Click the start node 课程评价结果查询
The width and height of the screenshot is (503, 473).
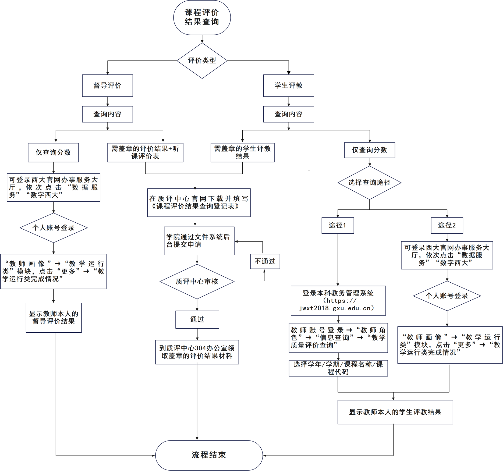click(x=202, y=17)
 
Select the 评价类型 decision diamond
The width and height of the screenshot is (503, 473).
click(x=202, y=61)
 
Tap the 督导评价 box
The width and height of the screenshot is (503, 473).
click(x=108, y=86)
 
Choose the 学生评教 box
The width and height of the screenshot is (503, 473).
click(x=289, y=86)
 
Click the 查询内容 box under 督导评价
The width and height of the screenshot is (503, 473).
click(x=108, y=114)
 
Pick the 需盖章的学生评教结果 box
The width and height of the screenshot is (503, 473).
click(x=243, y=152)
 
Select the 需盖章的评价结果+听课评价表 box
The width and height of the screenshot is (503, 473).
click(x=145, y=152)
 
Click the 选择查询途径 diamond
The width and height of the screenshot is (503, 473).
click(x=370, y=183)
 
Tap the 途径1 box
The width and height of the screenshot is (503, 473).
click(x=338, y=225)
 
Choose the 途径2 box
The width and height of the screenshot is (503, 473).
click(x=447, y=225)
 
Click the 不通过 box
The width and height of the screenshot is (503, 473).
click(x=265, y=261)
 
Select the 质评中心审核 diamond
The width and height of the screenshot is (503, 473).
click(x=197, y=282)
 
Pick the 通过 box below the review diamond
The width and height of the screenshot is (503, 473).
click(x=197, y=320)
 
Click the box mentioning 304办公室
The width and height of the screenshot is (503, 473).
click(x=197, y=352)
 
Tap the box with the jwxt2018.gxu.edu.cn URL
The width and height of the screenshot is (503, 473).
click(x=338, y=301)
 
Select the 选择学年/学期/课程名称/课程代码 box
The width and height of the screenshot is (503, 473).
click(x=338, y=368)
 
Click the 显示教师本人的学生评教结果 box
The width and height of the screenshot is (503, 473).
click(x=395, y=412)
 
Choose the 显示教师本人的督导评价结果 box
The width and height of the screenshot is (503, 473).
click(x=54, y=318)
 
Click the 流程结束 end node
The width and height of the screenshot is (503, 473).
click(x=209, y=455)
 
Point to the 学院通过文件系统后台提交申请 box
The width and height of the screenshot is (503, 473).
click(x=199, y=241)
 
